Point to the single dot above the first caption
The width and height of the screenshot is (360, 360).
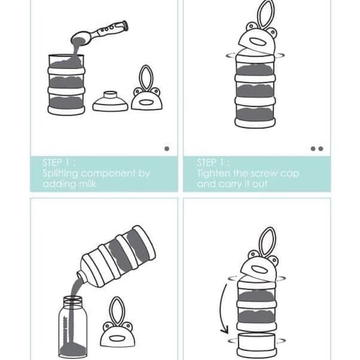(167, 148)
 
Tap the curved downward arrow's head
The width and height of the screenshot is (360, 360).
(225, 330)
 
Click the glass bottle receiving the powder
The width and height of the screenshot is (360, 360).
(73, 327)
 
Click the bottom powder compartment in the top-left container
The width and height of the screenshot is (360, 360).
(66, 103)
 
